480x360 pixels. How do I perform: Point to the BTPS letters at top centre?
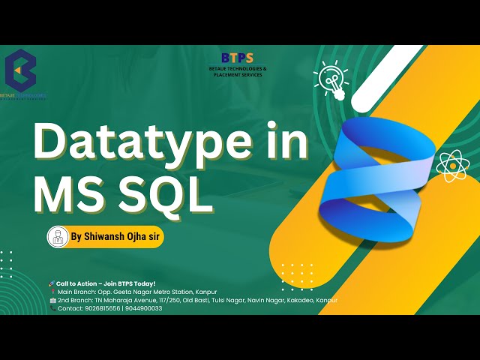click(x=238, y=57)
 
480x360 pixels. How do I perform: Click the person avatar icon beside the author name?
click(x=58, y=236)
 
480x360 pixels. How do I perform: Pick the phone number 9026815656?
click(x=101, y=308)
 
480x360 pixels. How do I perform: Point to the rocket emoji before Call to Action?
click(x=51, y=283)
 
